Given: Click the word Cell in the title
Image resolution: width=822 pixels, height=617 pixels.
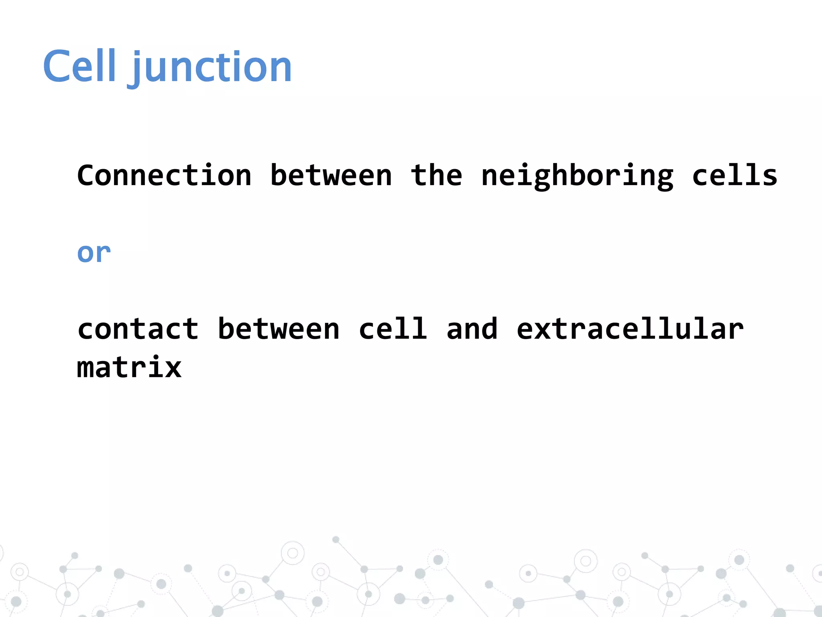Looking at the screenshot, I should (x=79, y=66).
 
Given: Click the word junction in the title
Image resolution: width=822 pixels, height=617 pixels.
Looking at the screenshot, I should (x=212, y=68).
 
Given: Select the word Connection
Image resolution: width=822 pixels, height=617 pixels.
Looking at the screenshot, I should (x=164, y=176).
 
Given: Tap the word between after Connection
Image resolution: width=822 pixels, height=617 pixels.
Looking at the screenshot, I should (x=331, y=176).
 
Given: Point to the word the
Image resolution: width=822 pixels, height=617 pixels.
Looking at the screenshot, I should (x=436, y=176).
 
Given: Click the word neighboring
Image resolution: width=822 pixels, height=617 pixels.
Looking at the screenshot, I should (x=577, y=177).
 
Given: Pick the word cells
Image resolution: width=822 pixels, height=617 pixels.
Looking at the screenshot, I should (x=735, y=176).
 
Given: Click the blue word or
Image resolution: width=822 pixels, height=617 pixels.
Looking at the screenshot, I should (x=94, y=253).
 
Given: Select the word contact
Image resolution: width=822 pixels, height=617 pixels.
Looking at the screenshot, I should (x=138, y=329).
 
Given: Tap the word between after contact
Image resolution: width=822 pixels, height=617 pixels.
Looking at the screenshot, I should (x=278, y=329).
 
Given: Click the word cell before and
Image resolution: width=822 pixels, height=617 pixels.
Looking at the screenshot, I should (x=393, y=329).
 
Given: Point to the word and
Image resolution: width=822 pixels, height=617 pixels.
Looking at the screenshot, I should (x=472, y=329).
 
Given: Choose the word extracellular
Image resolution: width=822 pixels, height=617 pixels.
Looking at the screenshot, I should (x=630, y=329).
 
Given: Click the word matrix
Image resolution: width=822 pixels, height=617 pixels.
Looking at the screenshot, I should (x=129, y=367).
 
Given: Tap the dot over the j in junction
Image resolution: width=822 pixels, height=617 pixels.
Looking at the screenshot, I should (x=137, y=53).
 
